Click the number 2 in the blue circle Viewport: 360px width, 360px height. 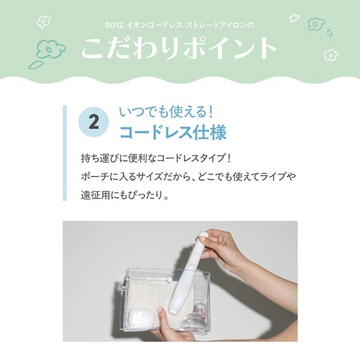tap(94, 122)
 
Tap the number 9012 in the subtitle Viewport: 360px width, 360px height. tap(114, 25)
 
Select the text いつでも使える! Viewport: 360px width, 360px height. tap(166, 112)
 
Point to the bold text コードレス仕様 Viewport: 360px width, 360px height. tap(173, 132)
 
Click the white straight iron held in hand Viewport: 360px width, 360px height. tap(189, 272)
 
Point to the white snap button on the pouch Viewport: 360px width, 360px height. tap(169, 280)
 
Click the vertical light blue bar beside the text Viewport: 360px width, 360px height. tap(65, 153)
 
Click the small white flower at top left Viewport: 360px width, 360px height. tap(43, 22)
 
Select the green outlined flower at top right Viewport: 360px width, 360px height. tap(316, 23)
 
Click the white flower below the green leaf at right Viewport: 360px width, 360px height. tap(331, 55)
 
